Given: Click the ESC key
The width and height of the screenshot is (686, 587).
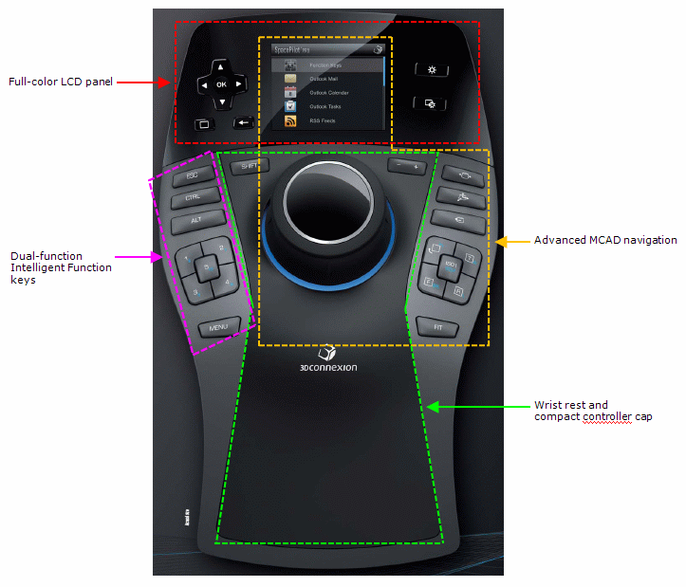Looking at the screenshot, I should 193,176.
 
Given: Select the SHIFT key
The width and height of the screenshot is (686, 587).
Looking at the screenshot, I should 250,166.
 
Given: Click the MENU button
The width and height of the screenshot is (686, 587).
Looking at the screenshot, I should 218,327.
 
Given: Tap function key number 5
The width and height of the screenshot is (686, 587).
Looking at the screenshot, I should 206,268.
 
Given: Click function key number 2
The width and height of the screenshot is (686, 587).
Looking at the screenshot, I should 221,248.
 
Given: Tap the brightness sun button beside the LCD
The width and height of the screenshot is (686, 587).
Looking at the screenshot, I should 432,70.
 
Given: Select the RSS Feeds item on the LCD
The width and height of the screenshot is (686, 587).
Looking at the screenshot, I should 323,121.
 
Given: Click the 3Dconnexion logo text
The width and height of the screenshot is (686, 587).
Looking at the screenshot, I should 325,367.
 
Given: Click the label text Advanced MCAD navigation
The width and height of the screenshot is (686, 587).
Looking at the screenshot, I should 605,240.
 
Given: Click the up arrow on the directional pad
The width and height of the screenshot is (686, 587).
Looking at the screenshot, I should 221,66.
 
